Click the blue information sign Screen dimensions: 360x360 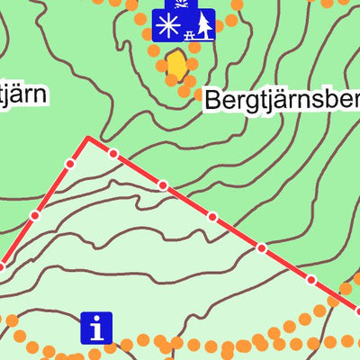coord(96,328)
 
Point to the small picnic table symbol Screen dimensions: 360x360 coord(189,34)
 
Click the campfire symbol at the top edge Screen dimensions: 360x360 coord(179,4)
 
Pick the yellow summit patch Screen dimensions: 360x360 coord(177,65)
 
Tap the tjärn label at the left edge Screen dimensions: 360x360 coord(22,93)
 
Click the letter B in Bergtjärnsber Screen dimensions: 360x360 coord(213,99)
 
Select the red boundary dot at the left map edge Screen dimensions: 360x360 coord(2,265)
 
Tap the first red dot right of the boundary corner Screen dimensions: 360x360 coord(113,154)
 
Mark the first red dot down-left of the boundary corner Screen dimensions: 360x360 coord(70,164)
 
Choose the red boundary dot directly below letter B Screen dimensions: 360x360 coord(212,216)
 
